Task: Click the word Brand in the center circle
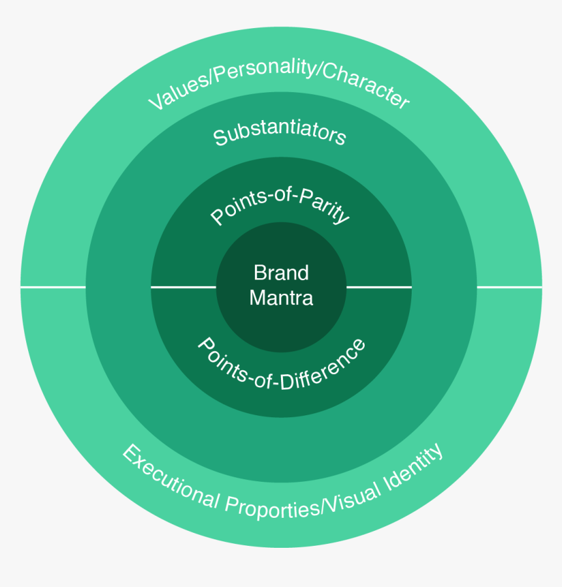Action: (281, 272)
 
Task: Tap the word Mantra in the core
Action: (281, 298)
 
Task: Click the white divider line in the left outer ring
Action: (53, 287)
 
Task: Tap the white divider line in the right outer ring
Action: (509, 287)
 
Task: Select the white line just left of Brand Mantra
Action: (184, 287)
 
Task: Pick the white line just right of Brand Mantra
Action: (379, 287)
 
